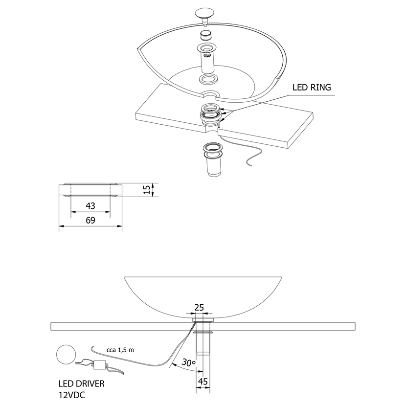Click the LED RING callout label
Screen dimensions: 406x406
point(312,88)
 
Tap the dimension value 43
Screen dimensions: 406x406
point(90,206)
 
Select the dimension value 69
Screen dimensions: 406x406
point(90,220)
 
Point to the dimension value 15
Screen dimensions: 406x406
point(146,189)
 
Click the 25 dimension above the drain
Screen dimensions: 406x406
point(199,307)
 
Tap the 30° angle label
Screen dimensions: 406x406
point(187,363)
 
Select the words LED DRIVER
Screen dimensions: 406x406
point(81,384)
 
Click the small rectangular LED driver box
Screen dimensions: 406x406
point(101,364)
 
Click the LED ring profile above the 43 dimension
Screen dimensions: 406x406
point(90,189)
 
